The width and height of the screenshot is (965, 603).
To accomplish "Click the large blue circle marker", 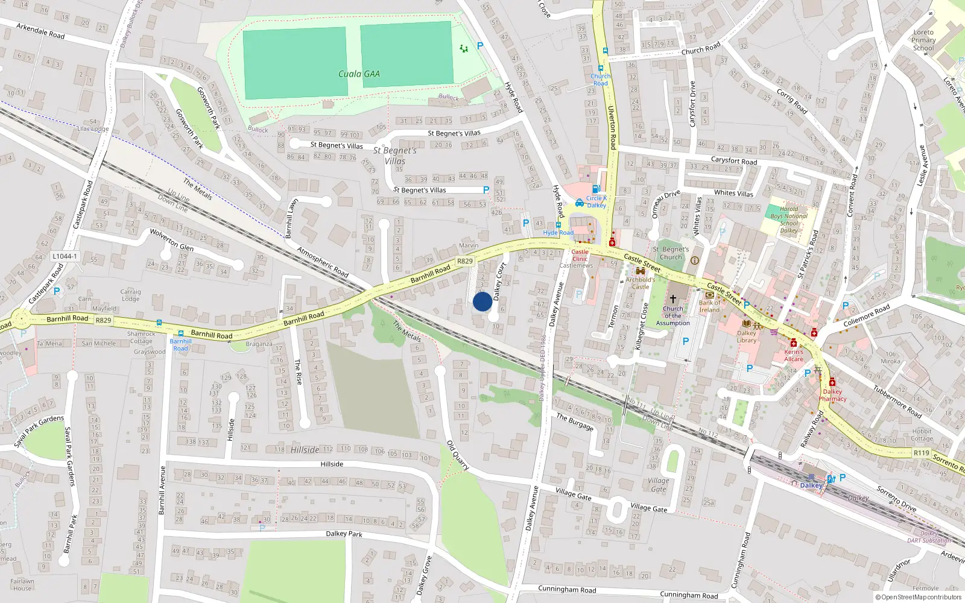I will (x=482, y=301).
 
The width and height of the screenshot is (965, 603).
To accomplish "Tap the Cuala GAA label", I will (x=359, y=74).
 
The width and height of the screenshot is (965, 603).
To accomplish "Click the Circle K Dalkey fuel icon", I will (x=596, y=189).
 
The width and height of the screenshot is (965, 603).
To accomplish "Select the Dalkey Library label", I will (x=746, y=336).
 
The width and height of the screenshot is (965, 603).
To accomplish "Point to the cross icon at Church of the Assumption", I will (x=673, y=299).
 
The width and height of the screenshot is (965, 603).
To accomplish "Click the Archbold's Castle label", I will (x=640, y=283).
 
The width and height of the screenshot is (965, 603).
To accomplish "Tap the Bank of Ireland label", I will (x=709, y=306).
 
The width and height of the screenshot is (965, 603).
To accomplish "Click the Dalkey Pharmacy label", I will (x=832, y=395).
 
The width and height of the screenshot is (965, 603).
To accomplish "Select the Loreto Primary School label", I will (x=923, y=40).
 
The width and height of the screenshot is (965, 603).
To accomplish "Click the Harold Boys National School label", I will (x=788, y=219).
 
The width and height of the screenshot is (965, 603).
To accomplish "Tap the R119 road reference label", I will (x=921, y=452).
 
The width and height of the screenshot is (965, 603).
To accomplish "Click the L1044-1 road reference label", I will (x=65, y=256).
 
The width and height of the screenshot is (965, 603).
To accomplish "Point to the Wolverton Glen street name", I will (x=172, y=239).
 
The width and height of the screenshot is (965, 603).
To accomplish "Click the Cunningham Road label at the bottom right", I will (x=689, y=595).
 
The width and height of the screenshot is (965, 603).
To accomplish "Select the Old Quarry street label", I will (x=458, y=455).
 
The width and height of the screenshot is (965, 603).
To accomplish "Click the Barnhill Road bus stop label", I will (x=180, y=345).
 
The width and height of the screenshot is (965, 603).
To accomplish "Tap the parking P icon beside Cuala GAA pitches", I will (x=480, y=45).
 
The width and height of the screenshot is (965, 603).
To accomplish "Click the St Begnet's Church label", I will (x=671, y=253).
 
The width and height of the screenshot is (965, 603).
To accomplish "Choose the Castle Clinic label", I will (x=580, y=255).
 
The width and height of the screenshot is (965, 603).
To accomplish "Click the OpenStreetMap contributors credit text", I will (x=918, y=597).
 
